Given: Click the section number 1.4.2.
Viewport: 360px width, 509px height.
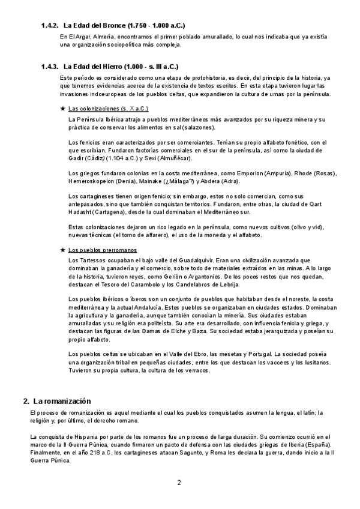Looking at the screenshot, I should [49, 25].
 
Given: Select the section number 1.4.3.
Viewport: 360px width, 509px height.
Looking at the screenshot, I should [49, 67].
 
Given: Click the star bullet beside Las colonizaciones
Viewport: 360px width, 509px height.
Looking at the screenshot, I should [64, 109].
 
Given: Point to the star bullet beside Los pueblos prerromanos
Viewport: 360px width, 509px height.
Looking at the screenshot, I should [64, 249].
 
